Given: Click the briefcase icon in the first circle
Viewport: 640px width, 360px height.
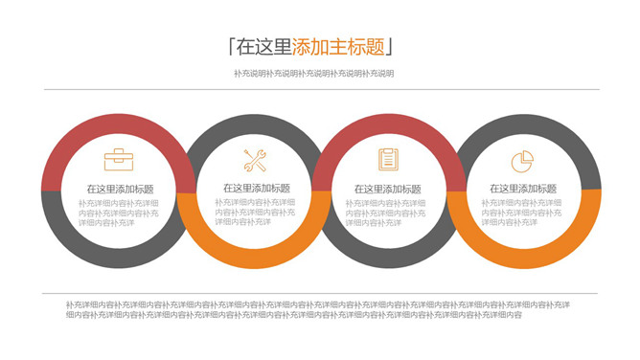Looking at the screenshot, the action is click(119, 159).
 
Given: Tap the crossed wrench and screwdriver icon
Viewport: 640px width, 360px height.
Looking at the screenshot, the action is click(255, 160).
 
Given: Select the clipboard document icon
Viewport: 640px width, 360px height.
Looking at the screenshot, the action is click(388, 159).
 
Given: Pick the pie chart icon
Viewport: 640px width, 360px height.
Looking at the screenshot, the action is click(522, 159).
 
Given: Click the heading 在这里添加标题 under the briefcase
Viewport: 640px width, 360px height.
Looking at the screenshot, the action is click(119, 189).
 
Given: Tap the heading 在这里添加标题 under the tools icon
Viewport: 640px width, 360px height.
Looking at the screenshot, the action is click(256, 189).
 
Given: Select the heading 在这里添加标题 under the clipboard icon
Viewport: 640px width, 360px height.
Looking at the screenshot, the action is click(387, 189).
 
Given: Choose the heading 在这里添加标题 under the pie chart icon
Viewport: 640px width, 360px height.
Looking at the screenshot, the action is click(523, 189).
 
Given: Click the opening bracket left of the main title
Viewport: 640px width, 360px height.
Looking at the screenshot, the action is click(231, 46).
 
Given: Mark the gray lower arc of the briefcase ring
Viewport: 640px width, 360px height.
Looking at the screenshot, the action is click(119, 258).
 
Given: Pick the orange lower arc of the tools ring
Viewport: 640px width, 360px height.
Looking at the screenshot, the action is click(255, 258).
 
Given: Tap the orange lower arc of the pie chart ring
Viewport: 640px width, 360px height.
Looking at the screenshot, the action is click(523, 258).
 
